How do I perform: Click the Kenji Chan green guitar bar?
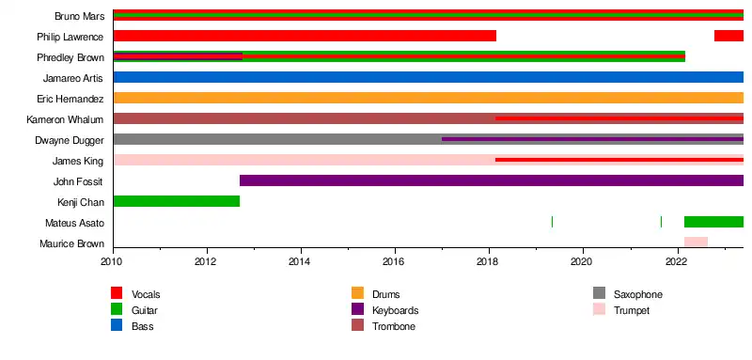tap(177, 201)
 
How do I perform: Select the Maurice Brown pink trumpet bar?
tap(696, 243)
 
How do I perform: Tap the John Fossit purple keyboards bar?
tap(492, 180)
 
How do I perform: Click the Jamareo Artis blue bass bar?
tap(429, 77)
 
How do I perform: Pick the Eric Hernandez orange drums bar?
tap(429, 98)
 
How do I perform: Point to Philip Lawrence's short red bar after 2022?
tap(729, 36)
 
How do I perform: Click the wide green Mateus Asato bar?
tap(713, 222)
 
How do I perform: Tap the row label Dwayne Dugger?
tap(69, 140)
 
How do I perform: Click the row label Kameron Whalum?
tap(65, 119)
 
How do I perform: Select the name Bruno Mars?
tap(79, 16)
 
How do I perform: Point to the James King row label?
tap(78, 161)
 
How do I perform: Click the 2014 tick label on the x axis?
tap(301, 262)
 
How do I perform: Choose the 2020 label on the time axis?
tap(583, 262)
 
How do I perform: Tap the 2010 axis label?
tap(113, 262)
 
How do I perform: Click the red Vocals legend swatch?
tap(117, 293)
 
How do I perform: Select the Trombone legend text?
tap(394, 326)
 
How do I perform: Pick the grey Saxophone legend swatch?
tap(599, 293)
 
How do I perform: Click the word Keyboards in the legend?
tap(395, 310)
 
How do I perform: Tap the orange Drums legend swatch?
tap(358, 293)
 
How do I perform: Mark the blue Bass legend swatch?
tap(117, 325)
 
